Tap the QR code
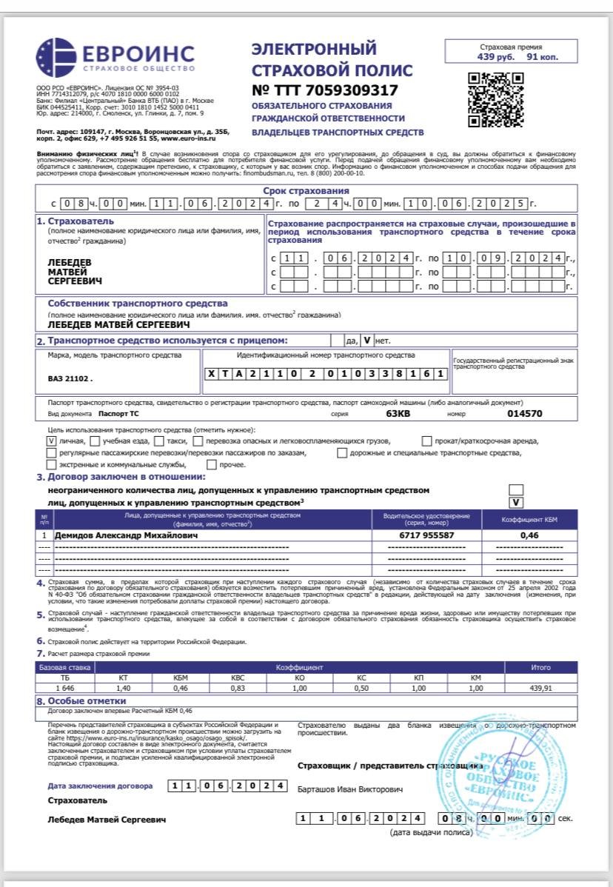click(496, 99)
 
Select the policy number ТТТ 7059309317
click(325, 90)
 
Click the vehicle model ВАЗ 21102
click(70, 378)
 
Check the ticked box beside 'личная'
click(52, 441)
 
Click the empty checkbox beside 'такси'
click(160, 441)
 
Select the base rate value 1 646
click(53, 688)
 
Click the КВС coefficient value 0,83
click(238, 688)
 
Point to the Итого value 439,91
click(540, 688)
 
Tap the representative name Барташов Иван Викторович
click(350, 790)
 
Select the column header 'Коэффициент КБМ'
click(529, 518)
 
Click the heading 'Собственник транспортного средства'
click(138, 304)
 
